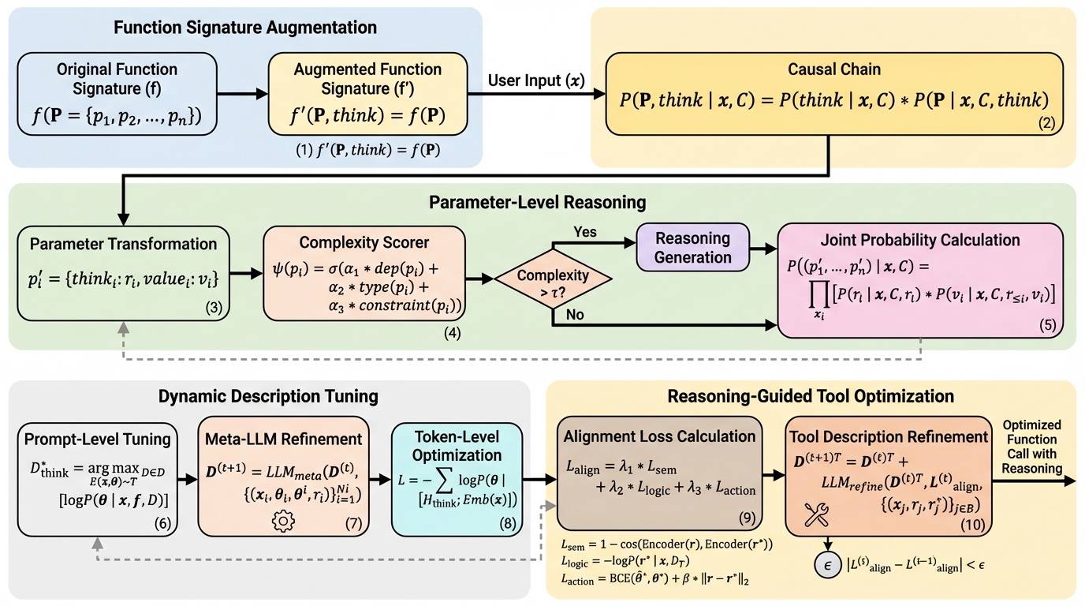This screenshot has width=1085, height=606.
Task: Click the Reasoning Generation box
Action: [693, 248]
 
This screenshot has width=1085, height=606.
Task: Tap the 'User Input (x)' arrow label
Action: [537, 80]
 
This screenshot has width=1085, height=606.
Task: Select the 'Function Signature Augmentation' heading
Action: [245, 28]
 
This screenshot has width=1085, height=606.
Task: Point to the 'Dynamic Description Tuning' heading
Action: [268, 396]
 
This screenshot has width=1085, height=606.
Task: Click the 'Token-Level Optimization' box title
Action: [457, 446]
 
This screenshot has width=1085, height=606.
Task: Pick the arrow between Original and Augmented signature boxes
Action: [241, 95]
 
